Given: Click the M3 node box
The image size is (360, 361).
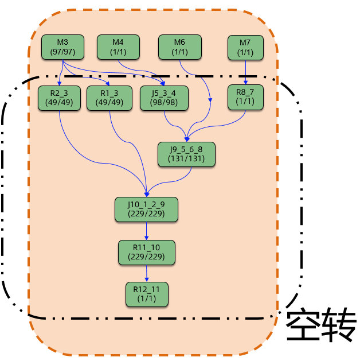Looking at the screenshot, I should point(62,47).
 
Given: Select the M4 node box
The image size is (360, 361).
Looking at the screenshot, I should point(118,47).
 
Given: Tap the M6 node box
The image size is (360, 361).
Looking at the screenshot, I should point(179,47).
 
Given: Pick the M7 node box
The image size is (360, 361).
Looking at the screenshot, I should point(245,47).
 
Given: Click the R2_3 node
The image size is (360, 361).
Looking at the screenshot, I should point(60,98).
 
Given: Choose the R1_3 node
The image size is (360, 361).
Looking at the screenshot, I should point(109,98).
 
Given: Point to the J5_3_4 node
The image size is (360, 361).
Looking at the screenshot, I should point(163,98).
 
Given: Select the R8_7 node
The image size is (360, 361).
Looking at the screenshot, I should point(245,98).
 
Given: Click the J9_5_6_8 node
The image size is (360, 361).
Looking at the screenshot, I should point(186,154).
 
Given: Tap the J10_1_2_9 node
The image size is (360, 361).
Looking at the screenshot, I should point(146,209).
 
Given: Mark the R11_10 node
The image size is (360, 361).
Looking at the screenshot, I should point(146,253).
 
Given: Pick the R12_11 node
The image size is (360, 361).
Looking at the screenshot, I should point(146,293).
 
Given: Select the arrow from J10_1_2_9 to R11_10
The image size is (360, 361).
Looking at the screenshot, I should point(146,231).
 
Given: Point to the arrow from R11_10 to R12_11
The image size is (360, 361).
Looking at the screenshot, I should point(146,273).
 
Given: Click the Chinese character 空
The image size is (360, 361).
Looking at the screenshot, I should point(303,326).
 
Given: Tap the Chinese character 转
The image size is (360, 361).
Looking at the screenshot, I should point(339,326).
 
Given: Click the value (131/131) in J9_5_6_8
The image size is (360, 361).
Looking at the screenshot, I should point(186,158).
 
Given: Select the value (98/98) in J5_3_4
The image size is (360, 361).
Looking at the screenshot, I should point(163,102).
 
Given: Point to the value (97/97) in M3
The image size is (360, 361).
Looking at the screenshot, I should point(62,52).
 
